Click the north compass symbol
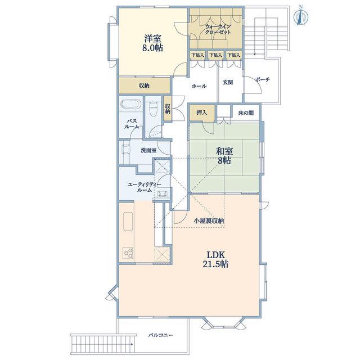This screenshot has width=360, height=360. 301,16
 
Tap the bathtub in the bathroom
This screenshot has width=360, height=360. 130,105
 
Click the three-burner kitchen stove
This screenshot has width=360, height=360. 128,253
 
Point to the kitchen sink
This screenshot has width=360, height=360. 128,221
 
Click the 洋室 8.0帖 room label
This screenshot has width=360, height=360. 152,43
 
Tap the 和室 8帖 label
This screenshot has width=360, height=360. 224,156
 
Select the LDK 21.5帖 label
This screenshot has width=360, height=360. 215,259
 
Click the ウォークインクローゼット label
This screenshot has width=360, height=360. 218,29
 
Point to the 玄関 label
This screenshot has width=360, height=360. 228,83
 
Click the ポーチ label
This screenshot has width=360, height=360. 263,80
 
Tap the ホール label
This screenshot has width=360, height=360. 199,86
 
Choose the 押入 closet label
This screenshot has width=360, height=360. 202,112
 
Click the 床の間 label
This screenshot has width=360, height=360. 246,113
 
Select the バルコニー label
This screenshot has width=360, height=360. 160,335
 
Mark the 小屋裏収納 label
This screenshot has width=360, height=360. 209,221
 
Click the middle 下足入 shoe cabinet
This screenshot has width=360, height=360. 215,55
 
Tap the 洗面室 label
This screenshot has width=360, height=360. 148,151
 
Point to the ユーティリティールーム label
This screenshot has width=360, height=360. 145,187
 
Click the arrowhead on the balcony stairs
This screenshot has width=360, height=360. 132,344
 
